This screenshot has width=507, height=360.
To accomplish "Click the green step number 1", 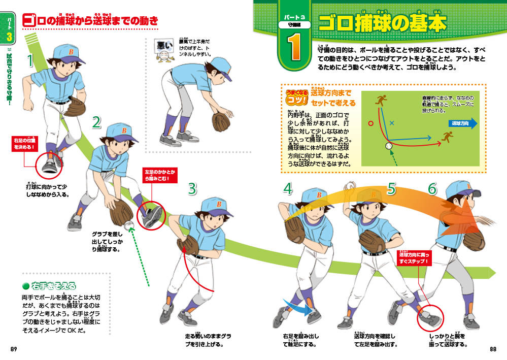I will [x=30, y=60].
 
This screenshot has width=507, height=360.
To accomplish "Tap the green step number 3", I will [x=192, y=188].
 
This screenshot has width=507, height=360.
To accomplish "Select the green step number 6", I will [x=432, y=188].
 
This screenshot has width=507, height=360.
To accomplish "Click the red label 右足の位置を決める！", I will [x=25, y=143].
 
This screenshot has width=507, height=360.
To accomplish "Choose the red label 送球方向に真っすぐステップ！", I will [x=414, y=258].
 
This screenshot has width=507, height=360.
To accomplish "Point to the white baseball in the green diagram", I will [x=389, y=146].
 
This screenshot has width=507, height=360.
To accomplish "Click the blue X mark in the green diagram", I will [x=391, y=123].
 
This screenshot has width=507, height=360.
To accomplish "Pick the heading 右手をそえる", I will [x=53, y=285].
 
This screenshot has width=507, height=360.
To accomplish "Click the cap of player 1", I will [x=66, y=51].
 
